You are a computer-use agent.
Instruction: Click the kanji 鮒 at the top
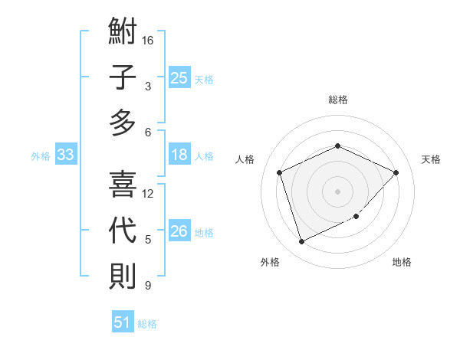click(123, 33)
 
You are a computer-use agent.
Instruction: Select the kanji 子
click(123, 77)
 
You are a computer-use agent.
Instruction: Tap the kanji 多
click(123, 122)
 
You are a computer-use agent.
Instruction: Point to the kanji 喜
click(123, 185)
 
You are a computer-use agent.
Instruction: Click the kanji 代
click(123, 230)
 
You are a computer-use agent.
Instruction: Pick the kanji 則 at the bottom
click(123, 275)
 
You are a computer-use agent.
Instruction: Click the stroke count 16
click(149, 40)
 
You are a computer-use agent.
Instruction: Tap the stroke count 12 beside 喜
click(149, 193)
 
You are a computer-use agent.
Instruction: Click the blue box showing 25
click(179, 78)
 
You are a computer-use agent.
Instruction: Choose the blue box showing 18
click(179, 155)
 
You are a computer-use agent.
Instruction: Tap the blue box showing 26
click(179, 232)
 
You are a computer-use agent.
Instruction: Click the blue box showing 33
click(65, 155)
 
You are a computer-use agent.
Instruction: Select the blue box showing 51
click(122, 322)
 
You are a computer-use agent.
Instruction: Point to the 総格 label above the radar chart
click(337, 100)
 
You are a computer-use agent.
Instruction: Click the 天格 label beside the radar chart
click(431, 159)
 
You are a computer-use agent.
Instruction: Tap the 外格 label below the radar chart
click(270, 262)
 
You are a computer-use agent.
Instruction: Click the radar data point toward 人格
click(280, 172)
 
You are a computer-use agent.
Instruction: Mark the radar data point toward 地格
click(356, 217)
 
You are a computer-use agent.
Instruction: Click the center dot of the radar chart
click(337, 191)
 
